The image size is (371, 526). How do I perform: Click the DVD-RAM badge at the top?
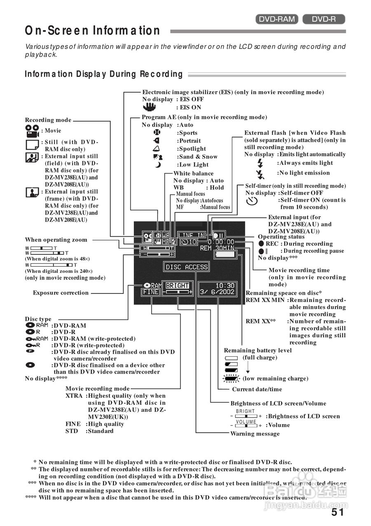[x=277, y=19]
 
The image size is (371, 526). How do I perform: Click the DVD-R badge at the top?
[x=324, y=19]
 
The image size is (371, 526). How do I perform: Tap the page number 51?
[x=338, y=512]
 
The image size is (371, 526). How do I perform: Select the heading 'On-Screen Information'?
[x=93, y=31]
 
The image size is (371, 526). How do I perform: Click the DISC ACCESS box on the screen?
[x=187, y=267]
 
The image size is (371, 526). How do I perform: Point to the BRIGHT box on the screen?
[x=177, y=286]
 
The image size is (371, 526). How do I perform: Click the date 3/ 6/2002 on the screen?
[x=217, y=292]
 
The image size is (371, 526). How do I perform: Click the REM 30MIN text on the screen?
[x=217, y=248]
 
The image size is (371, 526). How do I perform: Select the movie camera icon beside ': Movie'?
[x=32, y=131]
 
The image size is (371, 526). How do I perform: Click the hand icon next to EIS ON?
[x=150, y=107]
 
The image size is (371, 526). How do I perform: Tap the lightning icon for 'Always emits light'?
[x=260, y=163]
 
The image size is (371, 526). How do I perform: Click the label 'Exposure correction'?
[x=61, y=293]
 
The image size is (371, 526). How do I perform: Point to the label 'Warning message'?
[x=255, y=434]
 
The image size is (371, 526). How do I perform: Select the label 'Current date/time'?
[x=257, y=389]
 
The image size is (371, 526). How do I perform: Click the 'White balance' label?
[x=194, y=173]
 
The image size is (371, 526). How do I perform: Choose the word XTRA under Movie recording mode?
[x=74, y=396]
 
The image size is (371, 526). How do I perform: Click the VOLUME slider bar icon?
[x=246, y=425]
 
